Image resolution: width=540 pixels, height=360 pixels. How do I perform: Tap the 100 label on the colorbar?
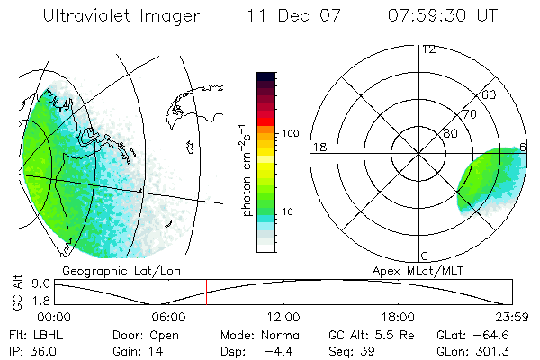[291, 133]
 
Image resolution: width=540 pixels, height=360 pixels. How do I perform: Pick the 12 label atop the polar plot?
[428, 49]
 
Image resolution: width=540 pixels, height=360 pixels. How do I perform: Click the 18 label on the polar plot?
[318, 147]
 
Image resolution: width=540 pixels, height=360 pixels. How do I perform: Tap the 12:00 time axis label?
[283, 317]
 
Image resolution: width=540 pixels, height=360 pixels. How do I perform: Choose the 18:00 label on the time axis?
[398, 317]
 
